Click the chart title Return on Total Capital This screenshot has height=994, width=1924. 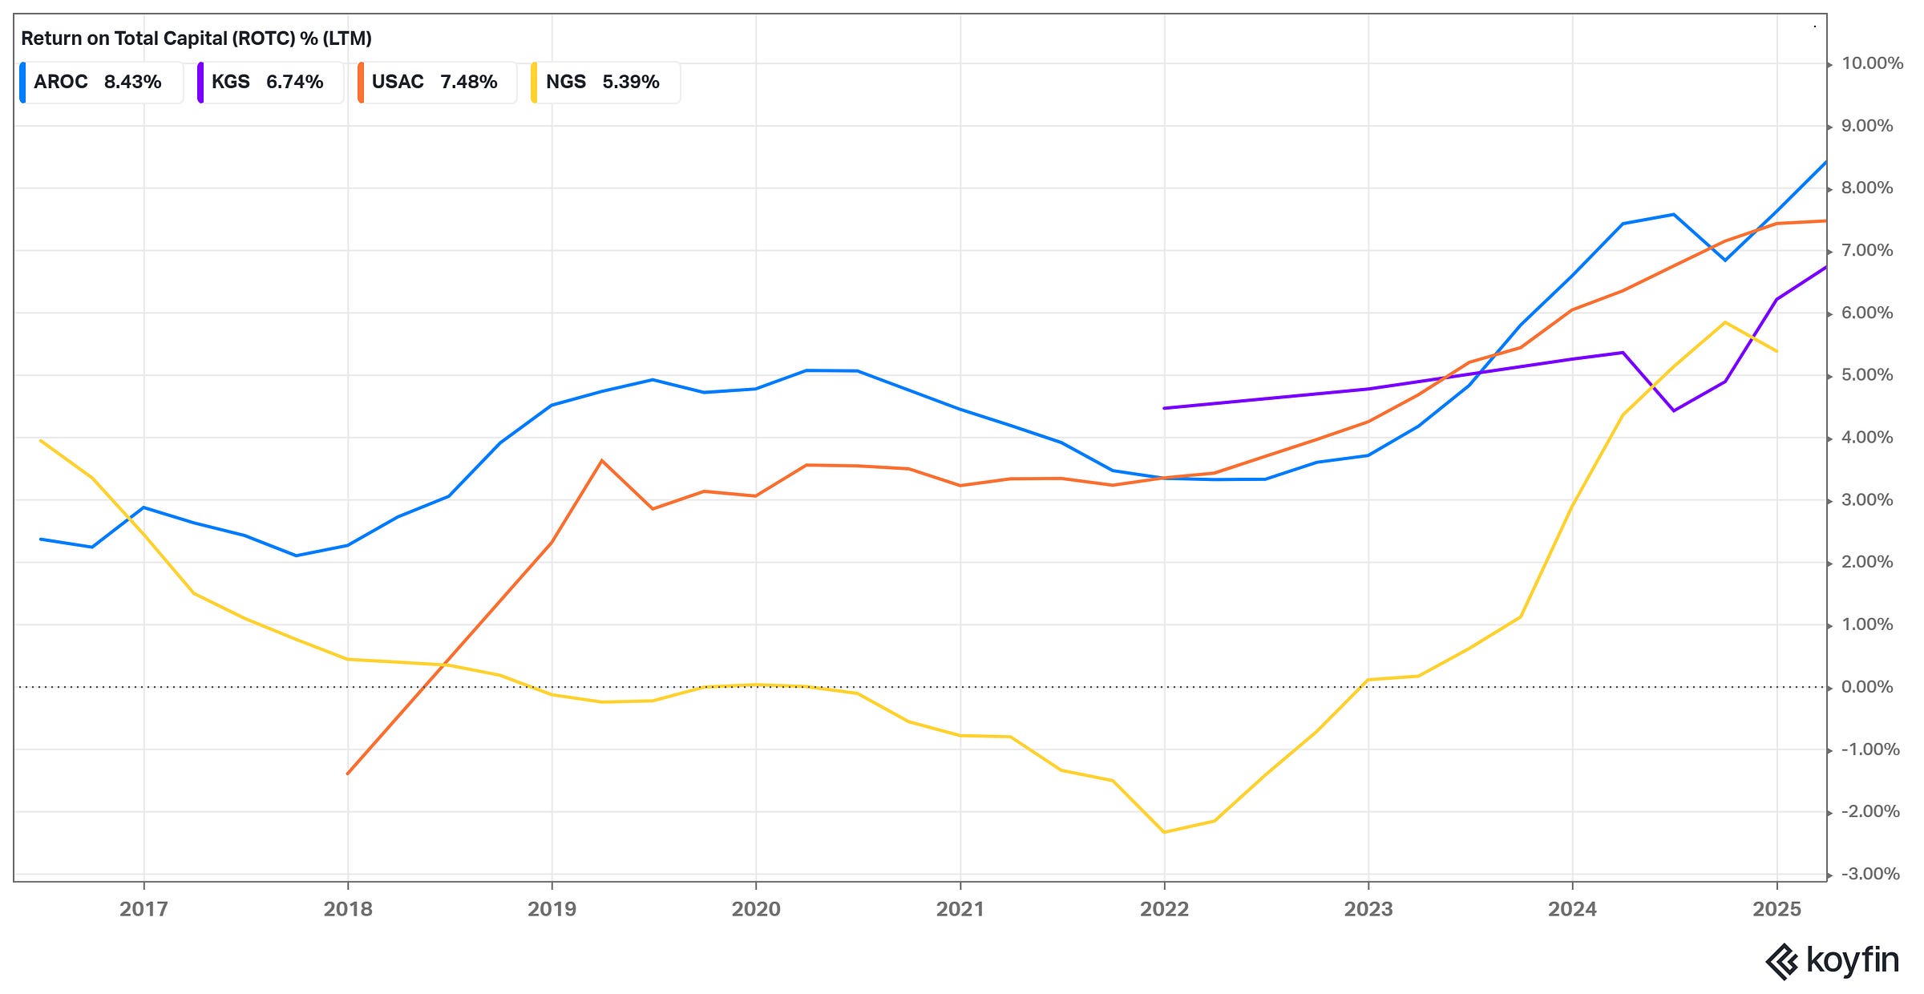[196, 38]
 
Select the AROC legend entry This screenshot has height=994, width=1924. [98, 82]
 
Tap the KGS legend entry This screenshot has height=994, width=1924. [268, 82]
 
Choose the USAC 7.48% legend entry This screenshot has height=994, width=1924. [435, 82]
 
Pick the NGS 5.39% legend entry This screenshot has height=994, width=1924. [603, 82]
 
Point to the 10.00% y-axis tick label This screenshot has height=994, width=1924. [1872, 63]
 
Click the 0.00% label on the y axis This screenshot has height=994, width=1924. [1867, 687]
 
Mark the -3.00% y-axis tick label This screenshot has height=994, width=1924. [1869, 875]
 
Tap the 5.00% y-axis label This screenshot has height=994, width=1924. [1867, 375]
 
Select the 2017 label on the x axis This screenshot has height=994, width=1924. [143, 909]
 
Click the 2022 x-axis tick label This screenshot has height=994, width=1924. [1164, 909]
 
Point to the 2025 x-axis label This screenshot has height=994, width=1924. [1776, 909]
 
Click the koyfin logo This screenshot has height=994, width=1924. [1833, 960]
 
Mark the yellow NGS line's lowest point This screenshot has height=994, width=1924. [1164, 832]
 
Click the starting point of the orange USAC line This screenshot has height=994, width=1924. [348, 774]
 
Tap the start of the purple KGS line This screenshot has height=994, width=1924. [1164, 408]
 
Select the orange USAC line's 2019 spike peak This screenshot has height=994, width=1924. [602, 460]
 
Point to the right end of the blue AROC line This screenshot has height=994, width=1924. [1825, 162]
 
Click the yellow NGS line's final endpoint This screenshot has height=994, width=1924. [1777, 351]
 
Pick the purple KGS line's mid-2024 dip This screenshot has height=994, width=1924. [1674, 410]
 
